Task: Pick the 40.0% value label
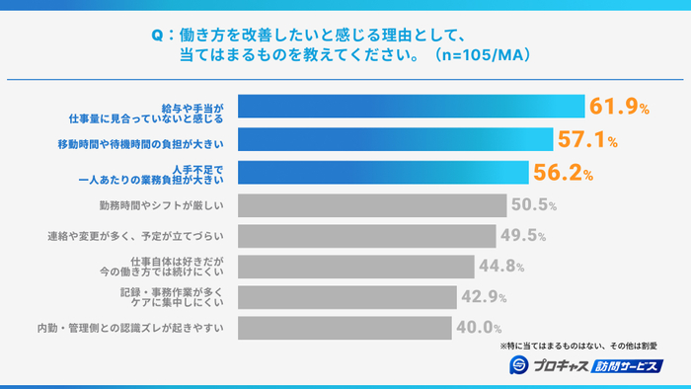(478, 327)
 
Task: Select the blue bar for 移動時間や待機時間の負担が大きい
(396, 139)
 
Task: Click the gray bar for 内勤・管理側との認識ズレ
(345, 327)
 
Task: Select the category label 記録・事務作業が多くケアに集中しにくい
(177, 297)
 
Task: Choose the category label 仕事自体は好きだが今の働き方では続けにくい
(174, 267)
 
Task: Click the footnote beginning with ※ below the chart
(578, 346)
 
